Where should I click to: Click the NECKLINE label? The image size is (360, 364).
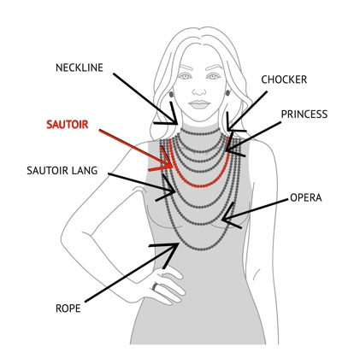click(x=80, y=68)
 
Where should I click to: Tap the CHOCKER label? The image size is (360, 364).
click(x=284, y=79)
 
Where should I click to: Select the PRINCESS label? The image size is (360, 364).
click(x=304, y=114)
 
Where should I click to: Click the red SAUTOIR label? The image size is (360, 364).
click(x=68, y=125)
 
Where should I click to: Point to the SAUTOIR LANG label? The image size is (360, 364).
click(x=62, y=170)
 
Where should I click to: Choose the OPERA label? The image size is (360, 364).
click(x=306, y=197)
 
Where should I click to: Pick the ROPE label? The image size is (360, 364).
click(x=68, y=308)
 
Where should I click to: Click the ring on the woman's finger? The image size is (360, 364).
click(x=155, y=286)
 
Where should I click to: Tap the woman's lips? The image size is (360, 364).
click(x=199, y=104)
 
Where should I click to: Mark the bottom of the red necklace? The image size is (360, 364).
click(x=199, y=186)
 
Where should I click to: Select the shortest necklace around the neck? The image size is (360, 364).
click(x=201, y=133)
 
